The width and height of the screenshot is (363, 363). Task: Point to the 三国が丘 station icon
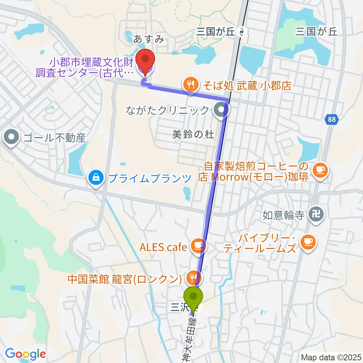[242, 33]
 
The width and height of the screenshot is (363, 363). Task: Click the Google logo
[25, 354]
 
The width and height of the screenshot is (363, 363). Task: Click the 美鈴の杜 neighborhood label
[193, 134]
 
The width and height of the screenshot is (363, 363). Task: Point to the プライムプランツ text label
[149, 177]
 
